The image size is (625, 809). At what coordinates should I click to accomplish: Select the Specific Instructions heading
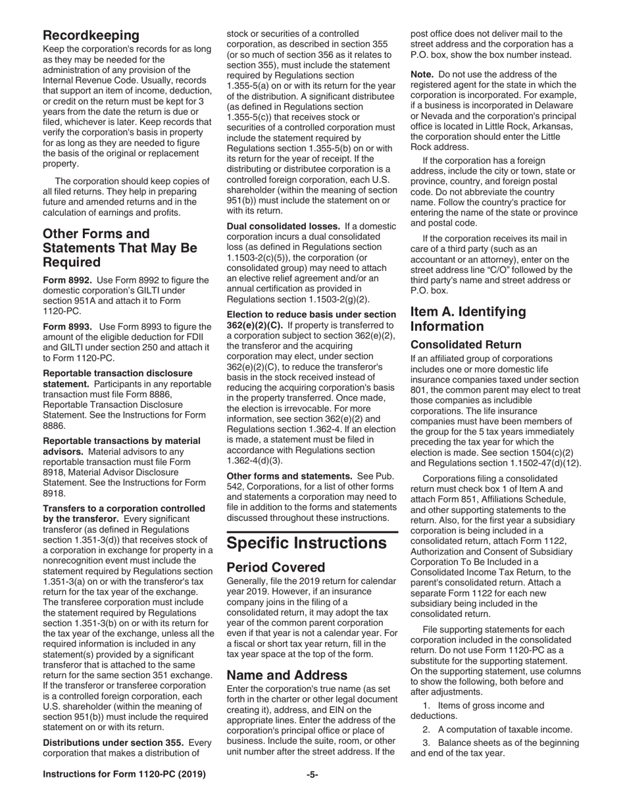306,543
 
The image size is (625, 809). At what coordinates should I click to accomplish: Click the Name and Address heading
287,675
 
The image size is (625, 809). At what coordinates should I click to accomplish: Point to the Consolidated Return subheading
466,345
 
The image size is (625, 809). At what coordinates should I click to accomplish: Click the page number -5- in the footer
312,775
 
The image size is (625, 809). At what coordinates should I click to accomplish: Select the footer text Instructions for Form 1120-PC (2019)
124,775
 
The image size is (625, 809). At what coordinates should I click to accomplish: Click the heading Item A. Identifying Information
468,319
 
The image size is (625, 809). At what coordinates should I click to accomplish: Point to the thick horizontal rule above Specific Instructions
312,531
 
